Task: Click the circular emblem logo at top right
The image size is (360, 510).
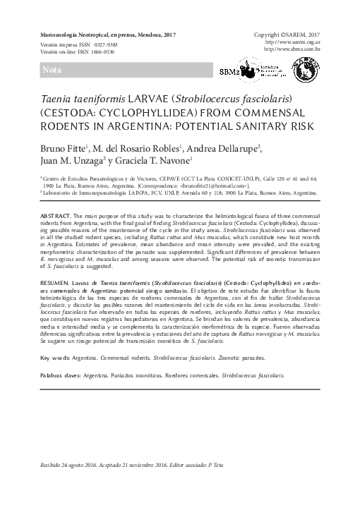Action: (306, 69)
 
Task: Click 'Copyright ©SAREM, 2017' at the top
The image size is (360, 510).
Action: (287, 35)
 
